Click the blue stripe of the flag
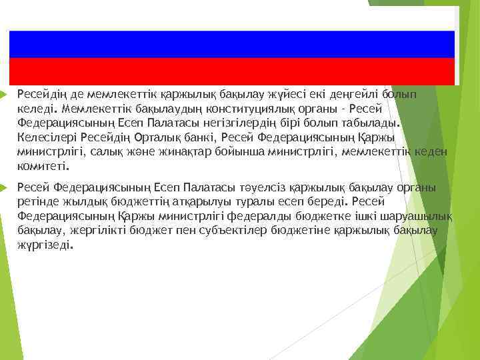(231, 44)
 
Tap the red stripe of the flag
(231, 71)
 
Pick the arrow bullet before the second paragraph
(5, 188)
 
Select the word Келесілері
(44, 137)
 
